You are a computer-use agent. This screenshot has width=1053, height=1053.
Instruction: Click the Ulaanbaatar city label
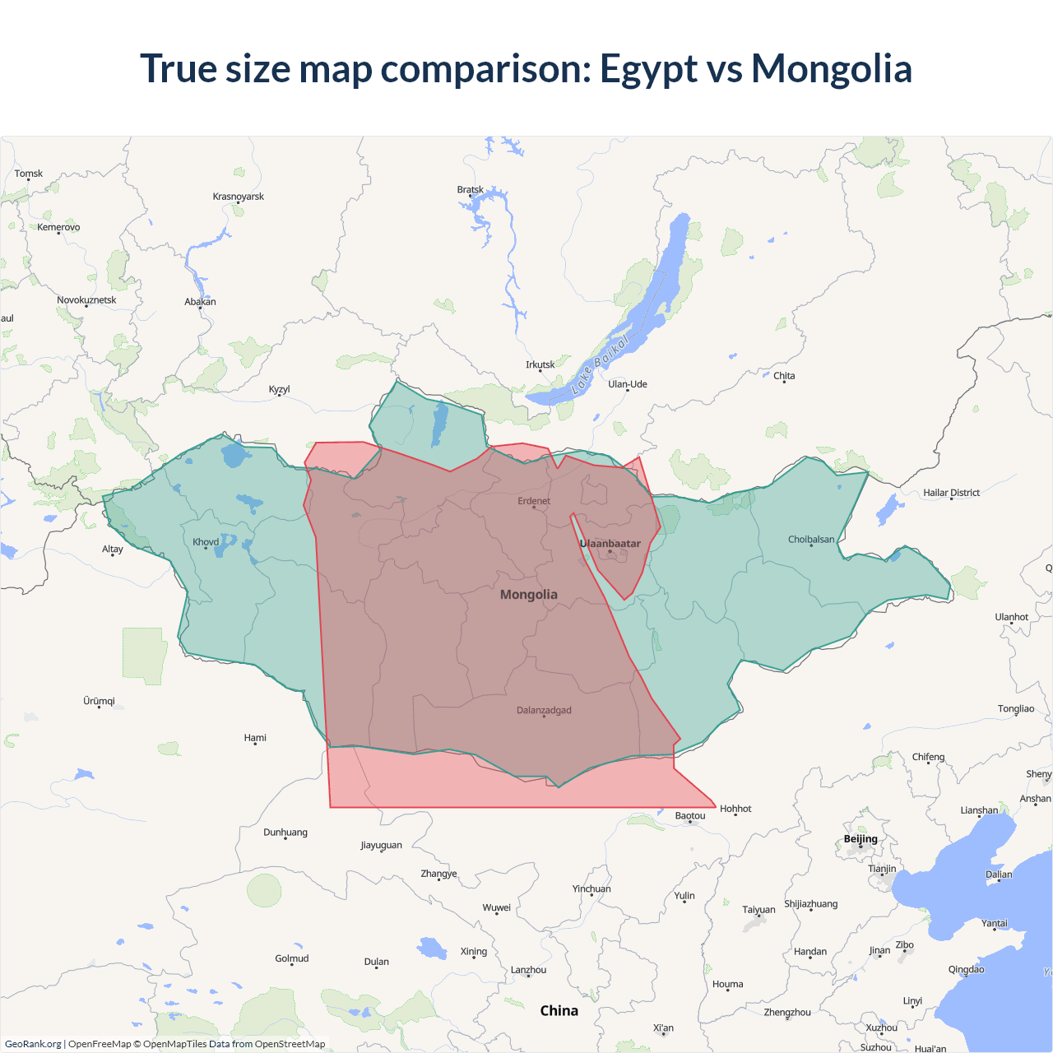coord(610,544)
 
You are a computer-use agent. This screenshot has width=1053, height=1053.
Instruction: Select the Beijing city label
coord(860,839)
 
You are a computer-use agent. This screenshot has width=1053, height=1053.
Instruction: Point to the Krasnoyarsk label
coord(238,197)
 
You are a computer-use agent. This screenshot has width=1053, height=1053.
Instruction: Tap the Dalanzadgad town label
coord(544,711)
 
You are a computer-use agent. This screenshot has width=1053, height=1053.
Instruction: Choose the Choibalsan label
coord(811,540)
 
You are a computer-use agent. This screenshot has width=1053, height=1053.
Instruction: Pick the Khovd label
coord(206,542)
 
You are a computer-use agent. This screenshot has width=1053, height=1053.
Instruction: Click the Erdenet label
coord(534,501)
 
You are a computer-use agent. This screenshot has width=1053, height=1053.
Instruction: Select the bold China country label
coord(559,1011)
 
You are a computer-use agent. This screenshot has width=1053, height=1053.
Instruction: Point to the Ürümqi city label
coord(99,702)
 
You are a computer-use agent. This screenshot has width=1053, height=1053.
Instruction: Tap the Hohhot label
coord(735,809)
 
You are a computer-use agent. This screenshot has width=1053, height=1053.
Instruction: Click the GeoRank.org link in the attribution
coord(33,1044)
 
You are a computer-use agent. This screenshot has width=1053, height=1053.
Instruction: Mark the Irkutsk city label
coord(540,364)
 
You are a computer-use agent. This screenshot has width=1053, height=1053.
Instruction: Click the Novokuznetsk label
coord(86,300)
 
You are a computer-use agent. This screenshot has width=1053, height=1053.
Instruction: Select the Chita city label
coord(784,376)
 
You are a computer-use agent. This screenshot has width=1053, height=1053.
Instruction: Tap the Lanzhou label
coord(528,970)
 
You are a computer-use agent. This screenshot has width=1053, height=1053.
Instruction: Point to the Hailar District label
coord(951,493)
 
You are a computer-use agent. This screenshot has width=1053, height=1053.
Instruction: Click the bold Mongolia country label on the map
coord(528,595)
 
